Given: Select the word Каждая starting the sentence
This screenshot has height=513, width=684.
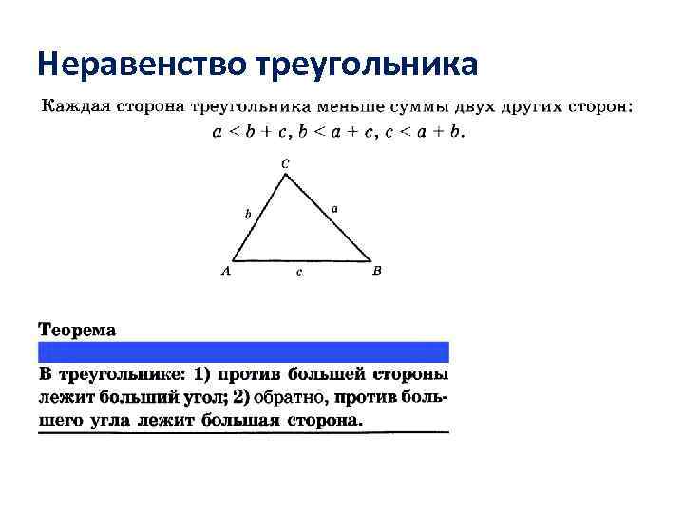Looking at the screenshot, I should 73,106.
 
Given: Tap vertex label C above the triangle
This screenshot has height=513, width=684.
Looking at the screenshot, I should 286,162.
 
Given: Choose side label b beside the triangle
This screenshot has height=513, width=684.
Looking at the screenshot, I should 248,215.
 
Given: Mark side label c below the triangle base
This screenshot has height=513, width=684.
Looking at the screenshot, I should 299,273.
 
